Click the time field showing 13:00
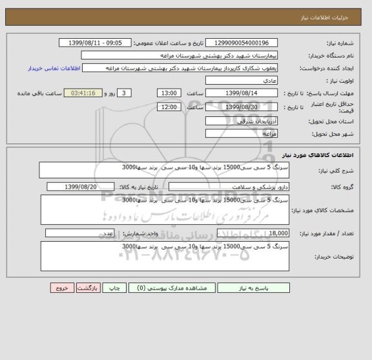click(x=169, y=93)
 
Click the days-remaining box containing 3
click(x=126, y=93)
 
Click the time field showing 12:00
click(x=169, y=107)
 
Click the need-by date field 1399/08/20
click(x=81, y=187)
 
